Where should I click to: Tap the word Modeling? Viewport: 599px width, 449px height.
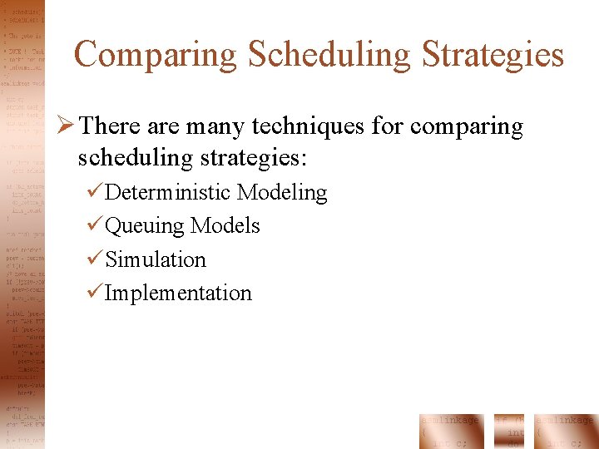point(282,193)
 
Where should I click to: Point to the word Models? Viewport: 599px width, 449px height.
point(225,225)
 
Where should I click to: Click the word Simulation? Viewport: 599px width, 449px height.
point(156,259)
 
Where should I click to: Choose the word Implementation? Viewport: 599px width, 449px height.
point(178,294)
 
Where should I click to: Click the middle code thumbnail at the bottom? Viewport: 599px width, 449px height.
point(509,431)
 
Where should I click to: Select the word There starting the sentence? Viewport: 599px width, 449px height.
point(111,127)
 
